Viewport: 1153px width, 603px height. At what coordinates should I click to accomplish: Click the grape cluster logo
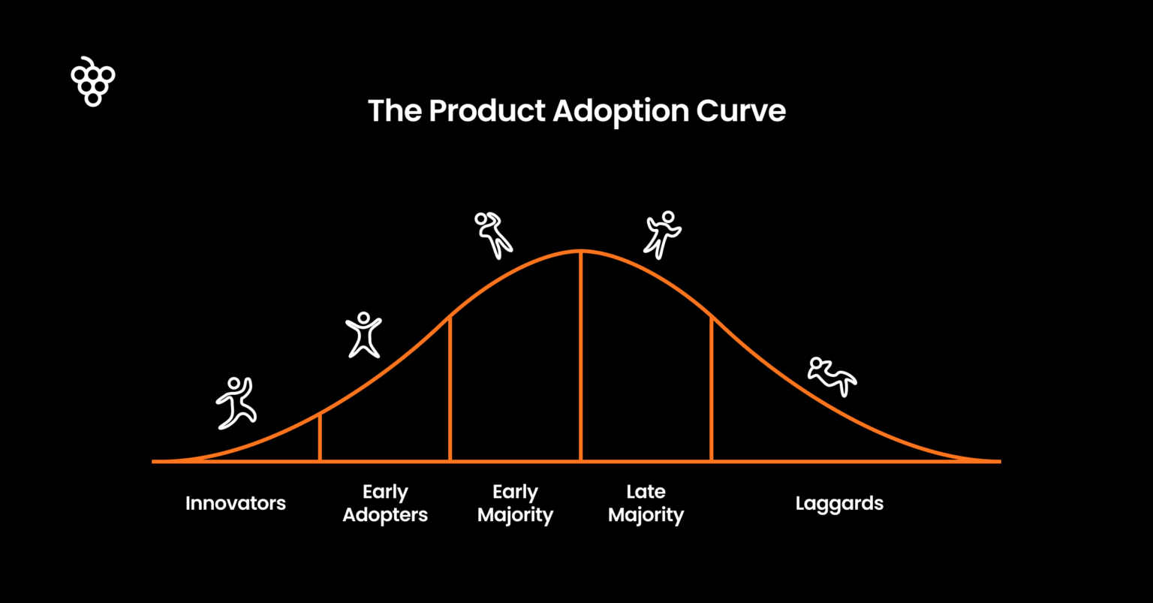click(x=93, y=83)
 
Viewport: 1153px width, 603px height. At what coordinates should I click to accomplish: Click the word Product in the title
click(x=487, y=110)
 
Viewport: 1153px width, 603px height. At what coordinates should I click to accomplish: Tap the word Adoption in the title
click(x=621, y=112)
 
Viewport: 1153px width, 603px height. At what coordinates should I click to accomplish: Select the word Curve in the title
click(x=741, y=111)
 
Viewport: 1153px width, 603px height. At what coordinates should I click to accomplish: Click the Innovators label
click(x=235, y=503)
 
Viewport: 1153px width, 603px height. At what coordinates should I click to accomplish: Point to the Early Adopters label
click(x=385, y=504)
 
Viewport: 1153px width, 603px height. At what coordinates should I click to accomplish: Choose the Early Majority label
click(x=515, y=504)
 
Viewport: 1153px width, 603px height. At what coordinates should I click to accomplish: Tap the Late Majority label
click(x=646, y=504)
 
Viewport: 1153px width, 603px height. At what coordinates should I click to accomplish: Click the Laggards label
click(x=839, y=504)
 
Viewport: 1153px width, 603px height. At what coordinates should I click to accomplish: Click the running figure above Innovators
click(x=236, y=403)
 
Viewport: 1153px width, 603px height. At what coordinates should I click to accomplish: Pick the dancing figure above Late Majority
click(x=663, y=235)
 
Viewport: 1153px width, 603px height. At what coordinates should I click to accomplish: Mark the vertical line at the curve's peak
click(x=581, y=356)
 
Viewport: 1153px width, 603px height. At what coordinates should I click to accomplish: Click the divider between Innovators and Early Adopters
click(x=321, y=437)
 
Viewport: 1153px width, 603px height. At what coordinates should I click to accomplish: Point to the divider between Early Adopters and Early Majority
click(x=450, y=388)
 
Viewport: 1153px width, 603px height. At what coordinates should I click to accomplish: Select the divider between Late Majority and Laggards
click(x=712, y=388)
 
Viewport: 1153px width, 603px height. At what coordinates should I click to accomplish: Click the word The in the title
click(x=395, y=110)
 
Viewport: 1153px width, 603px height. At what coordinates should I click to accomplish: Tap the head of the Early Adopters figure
click(x=364, y=318)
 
